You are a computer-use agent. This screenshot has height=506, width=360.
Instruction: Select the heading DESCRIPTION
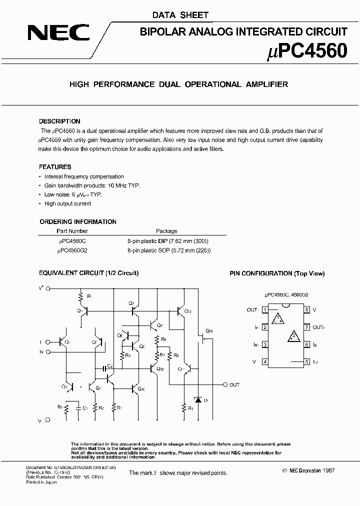pos(59,121)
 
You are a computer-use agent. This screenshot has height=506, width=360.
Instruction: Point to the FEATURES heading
pos(55,167)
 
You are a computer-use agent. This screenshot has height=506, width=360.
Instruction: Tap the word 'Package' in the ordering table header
pos(166,231)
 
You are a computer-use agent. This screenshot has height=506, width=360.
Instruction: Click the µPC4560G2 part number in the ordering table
pos(72,249)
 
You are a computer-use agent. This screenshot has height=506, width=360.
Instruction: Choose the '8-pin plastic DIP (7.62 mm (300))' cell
pos(167,240)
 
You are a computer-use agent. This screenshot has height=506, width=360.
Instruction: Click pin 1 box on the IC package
pos(264,310)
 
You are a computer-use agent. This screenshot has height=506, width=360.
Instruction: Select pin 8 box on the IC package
pos(307,310)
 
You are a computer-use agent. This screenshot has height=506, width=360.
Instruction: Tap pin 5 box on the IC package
pos(307,361)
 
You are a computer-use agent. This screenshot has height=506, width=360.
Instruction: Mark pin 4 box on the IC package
pos(264,361)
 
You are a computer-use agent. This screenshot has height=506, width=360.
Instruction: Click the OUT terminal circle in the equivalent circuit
pos(224,384)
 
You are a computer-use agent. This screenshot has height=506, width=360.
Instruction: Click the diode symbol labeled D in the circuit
pos(198,400)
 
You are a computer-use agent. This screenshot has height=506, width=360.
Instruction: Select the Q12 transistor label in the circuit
pos(159,369)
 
